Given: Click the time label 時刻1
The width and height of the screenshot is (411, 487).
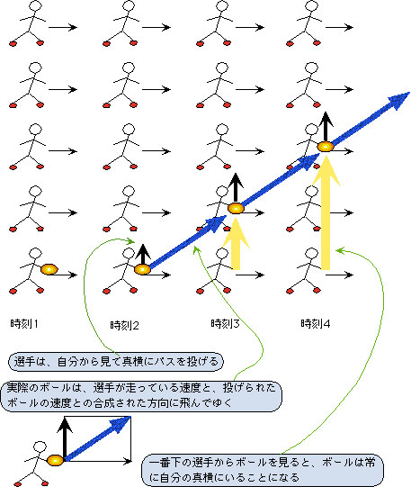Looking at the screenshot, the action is (x=24, y=324).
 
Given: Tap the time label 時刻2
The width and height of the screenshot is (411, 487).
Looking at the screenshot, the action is (x=124, y=325).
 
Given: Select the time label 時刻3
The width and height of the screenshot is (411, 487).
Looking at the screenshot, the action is (x=225, y=324).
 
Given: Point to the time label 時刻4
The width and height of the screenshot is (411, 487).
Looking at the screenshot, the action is (x=315, y=324).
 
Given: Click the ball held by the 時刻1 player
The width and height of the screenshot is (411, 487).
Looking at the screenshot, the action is (x=49, y=269).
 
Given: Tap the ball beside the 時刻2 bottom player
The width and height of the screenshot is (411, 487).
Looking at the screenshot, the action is (x=142, y=269).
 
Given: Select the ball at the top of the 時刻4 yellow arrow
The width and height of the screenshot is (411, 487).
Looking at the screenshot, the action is (x=326, y=147).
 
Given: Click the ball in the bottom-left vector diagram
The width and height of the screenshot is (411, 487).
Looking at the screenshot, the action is (x=55, y=460).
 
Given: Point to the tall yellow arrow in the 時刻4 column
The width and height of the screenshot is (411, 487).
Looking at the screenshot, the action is (x=326, y=213).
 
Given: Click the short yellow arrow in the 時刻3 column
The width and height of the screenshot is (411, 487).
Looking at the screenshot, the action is (x=236, y=244).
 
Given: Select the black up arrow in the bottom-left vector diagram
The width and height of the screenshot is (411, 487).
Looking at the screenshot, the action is (x=65, y=437).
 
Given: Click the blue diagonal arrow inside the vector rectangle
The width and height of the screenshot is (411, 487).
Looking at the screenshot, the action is (x=97, y=438).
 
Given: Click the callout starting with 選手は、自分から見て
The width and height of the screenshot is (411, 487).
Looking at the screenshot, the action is (x=115, y=362).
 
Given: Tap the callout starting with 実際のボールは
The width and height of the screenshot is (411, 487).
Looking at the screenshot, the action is (x=141, y=396).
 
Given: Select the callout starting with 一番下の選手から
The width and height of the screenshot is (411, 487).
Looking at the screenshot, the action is (x=263, y=470).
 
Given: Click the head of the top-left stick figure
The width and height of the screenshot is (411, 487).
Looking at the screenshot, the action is (x=36, y=5).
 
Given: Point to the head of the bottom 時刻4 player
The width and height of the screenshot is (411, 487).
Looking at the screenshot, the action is (x=311, y=254).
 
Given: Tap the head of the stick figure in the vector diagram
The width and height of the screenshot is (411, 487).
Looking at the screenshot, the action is (x=40, y=446).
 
